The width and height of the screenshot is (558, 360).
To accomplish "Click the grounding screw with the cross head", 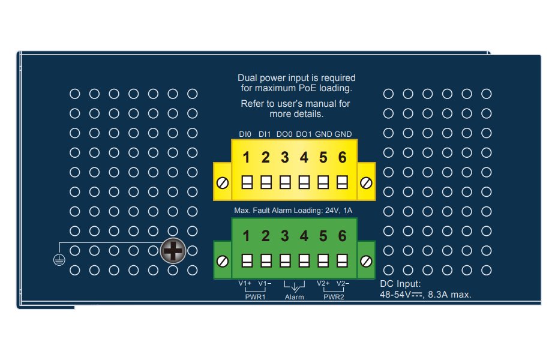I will pyautogui.click(x=173, y=252).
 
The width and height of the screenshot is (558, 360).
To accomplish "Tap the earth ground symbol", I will pyautogui.click(x=58, y=259).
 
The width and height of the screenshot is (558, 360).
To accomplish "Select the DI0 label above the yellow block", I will pyautogui.click(x=245, y=134).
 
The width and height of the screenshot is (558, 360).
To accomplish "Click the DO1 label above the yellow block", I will pyautogui.click(x=304, y=134).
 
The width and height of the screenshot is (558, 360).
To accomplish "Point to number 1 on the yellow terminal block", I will pyautogui.click(x=246, y=158).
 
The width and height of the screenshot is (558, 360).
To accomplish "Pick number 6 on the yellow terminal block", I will pyautogui.click(x=342, y=158).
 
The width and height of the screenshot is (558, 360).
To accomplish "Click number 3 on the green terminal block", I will pyautogui.click(x=285, y=236).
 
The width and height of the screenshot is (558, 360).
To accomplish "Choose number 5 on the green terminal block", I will pyautogui.click(x=323, y=236).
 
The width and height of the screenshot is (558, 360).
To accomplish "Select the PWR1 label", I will pyautogui.click(x=255, y=296).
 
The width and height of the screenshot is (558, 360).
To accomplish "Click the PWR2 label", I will pyautogui.click(x=334, y=296).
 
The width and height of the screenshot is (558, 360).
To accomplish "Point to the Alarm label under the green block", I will pyautogui.click(x=295, y=297).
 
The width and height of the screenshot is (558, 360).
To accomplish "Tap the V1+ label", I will pyautogui.click(x=245, y=283).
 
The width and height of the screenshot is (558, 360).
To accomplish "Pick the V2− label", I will pyautogui.click(x=343, y=283).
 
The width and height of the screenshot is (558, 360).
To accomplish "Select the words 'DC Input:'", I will pyautogui.click(x=401, y=283).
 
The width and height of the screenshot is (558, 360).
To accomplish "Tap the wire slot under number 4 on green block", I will pyautogui.click(x=304, y=260).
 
